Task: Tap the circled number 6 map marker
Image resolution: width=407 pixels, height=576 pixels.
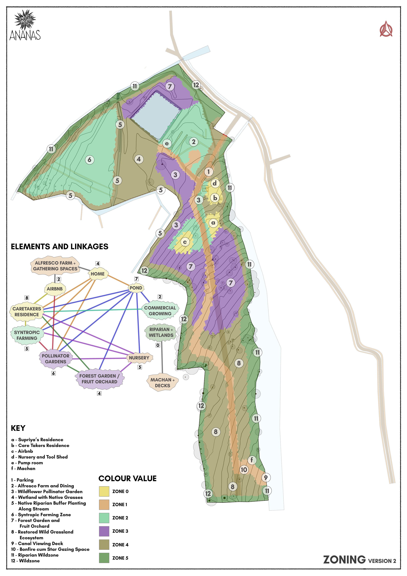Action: pos(90,160)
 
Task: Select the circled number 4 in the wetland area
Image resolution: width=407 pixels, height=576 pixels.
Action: pos(139,159)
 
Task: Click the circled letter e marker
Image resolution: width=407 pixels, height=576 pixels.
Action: pos(167,144)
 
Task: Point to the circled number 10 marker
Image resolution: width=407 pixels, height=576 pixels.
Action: pos(244,470)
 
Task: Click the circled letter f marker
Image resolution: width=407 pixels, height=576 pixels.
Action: pos(252,460)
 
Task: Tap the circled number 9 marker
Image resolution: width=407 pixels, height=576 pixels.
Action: pos(266,477)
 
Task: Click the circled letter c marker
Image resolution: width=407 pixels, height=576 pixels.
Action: pos(185,242)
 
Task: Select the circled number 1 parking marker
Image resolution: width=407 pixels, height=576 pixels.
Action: pos(209,172)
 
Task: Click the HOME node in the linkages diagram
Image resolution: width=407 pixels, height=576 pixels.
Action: pos(98,274)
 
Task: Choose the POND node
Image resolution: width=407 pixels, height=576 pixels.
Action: pos(136,288)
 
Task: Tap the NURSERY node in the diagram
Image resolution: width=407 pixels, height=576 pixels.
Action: pos(139,358)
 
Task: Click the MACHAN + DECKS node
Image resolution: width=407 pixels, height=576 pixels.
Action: pos(162,383)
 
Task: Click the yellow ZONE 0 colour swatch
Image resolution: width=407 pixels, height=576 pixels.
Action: pos(104,491)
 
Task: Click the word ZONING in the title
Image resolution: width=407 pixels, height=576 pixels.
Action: pos(344,560)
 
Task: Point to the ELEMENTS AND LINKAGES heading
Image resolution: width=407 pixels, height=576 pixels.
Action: pos(60,246)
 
